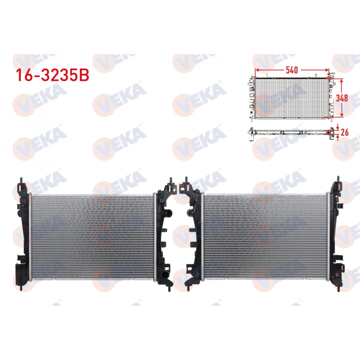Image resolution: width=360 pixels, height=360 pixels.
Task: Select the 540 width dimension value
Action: tap(292, 70)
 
